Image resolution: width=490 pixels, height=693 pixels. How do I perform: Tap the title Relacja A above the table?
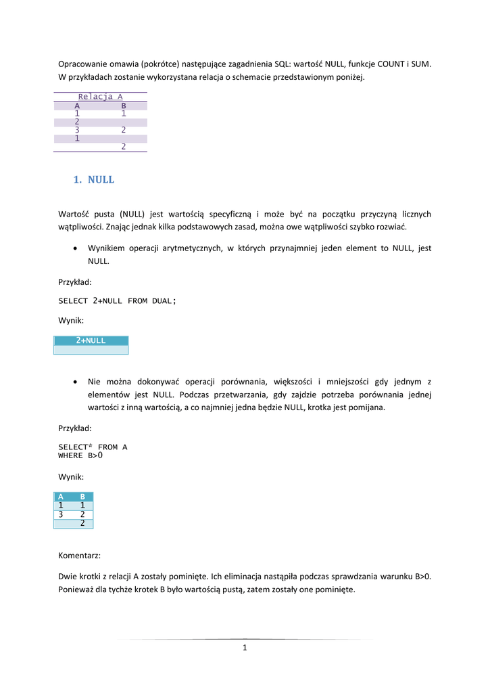coord(100,97)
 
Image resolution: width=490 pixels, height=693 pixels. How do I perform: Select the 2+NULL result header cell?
coord(91,340)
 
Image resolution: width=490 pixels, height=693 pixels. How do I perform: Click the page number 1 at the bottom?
coord(245,648)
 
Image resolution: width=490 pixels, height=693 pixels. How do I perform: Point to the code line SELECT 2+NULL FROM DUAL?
coord(117,300)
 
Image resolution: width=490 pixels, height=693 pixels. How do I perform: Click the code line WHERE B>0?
coord(80,455)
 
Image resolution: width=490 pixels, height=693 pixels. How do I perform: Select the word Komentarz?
coord(80,556)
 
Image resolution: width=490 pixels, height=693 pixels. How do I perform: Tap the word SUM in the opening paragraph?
coord(420,64)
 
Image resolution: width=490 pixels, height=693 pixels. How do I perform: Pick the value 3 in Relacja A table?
coord(77,130)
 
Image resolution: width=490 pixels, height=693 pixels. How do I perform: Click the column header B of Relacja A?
coord(124,106)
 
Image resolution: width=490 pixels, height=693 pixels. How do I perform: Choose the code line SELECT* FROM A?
coord(93,447)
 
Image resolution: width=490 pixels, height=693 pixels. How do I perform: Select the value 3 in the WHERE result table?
coord(61,514)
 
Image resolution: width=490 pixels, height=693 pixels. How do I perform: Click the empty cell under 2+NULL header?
coord(91,350)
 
